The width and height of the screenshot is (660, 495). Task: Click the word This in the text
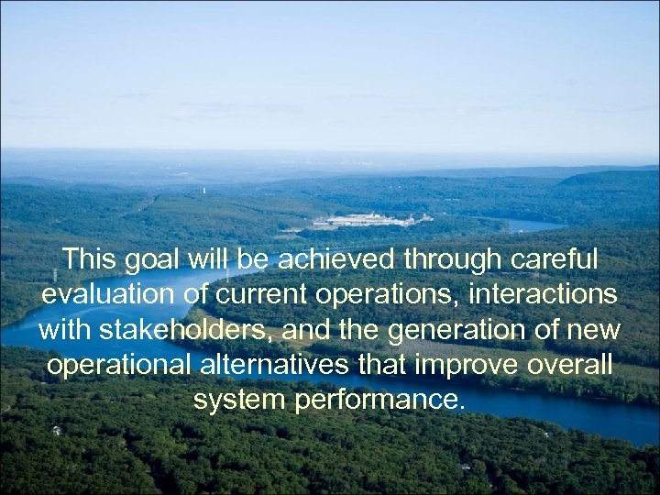coord(90,260)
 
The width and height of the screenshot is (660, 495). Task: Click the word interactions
coord(545,296)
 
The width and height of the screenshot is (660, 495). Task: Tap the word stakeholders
coord(188,330)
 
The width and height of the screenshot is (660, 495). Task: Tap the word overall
coord(569,365)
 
